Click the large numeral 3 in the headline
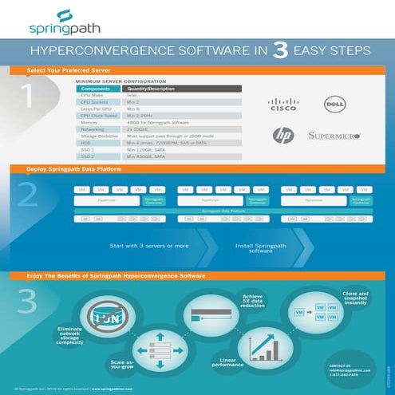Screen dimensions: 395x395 coord(280,52)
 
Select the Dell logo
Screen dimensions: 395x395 coord(333,103)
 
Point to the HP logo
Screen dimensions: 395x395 coord(283,136)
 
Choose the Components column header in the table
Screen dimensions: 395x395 coord(95,89)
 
